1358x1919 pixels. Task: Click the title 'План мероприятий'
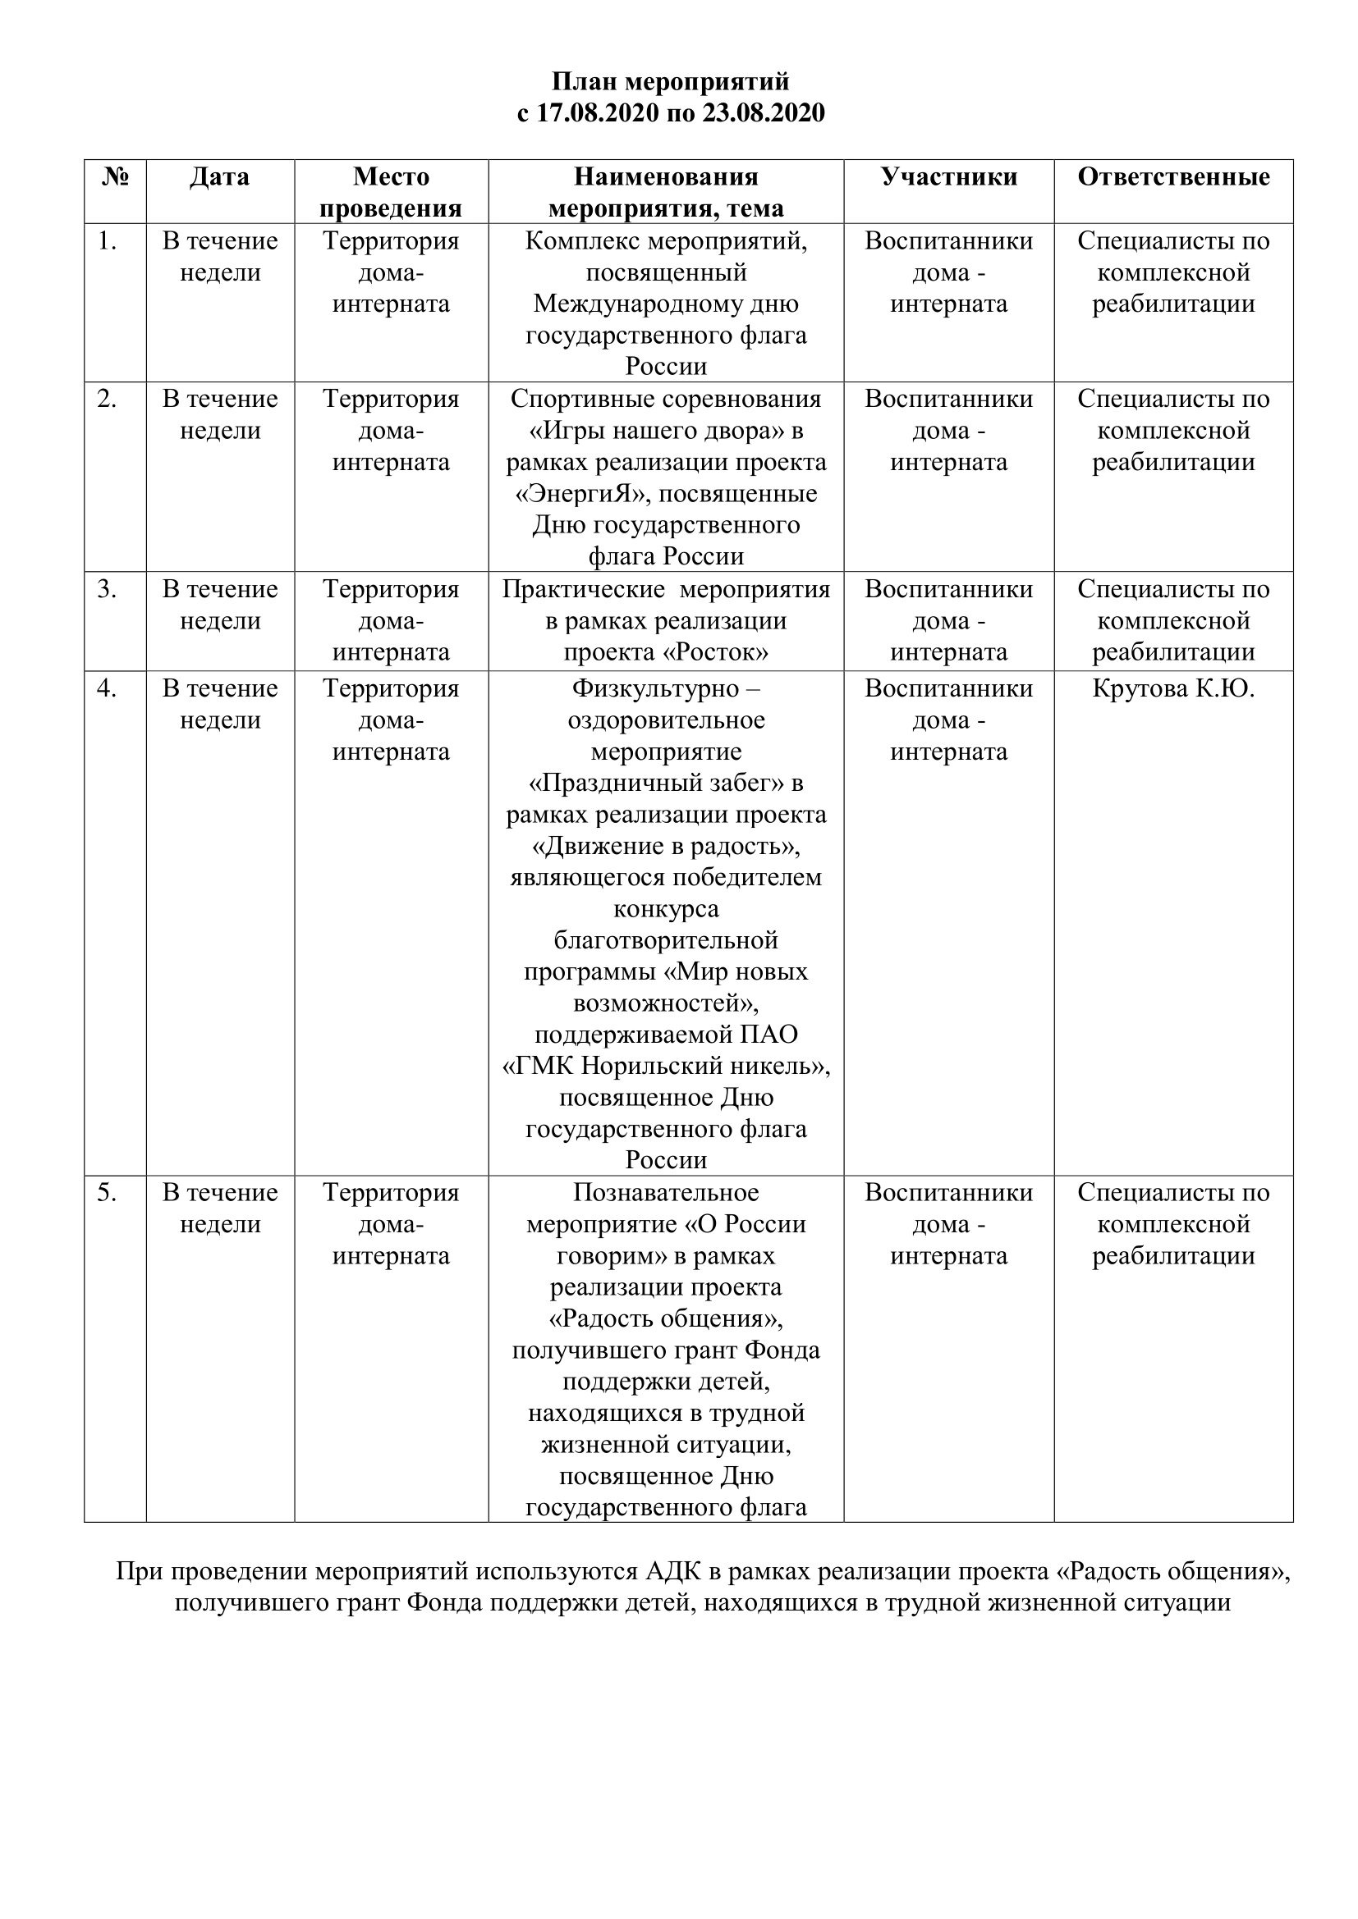coord(670,82)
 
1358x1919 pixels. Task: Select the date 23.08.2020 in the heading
coord(763,113)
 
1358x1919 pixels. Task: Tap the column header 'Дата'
coord(219,177)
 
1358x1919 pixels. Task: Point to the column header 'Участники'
coord(948,177)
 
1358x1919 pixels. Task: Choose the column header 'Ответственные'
coord(1172,177)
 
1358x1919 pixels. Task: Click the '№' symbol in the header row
coord(116,177)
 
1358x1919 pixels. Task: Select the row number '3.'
coord(106,589)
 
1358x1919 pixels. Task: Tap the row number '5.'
coord(106,1193)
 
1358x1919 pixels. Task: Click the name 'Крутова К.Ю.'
coord(1172,688)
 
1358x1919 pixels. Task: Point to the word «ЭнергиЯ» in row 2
coord(583,494)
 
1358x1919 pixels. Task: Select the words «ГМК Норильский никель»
coord(666,1067)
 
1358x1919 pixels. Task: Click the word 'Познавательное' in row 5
coord(666,1193)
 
